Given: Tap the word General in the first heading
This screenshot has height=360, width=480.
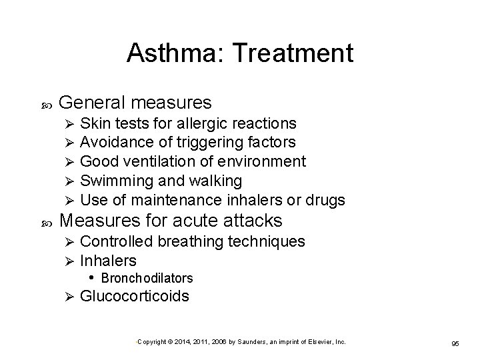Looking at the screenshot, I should click(93, 103).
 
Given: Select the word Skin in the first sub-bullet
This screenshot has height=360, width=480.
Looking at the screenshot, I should click(94, 123).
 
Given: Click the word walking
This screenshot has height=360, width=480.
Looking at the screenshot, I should click(217, 181).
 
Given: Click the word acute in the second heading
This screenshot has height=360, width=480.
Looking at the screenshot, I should click(199, 220).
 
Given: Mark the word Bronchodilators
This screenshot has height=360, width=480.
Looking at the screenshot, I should click(147, 277).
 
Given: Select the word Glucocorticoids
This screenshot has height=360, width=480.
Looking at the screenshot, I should click(134, 295).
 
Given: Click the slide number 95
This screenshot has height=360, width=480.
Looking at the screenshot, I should click(455, 343).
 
